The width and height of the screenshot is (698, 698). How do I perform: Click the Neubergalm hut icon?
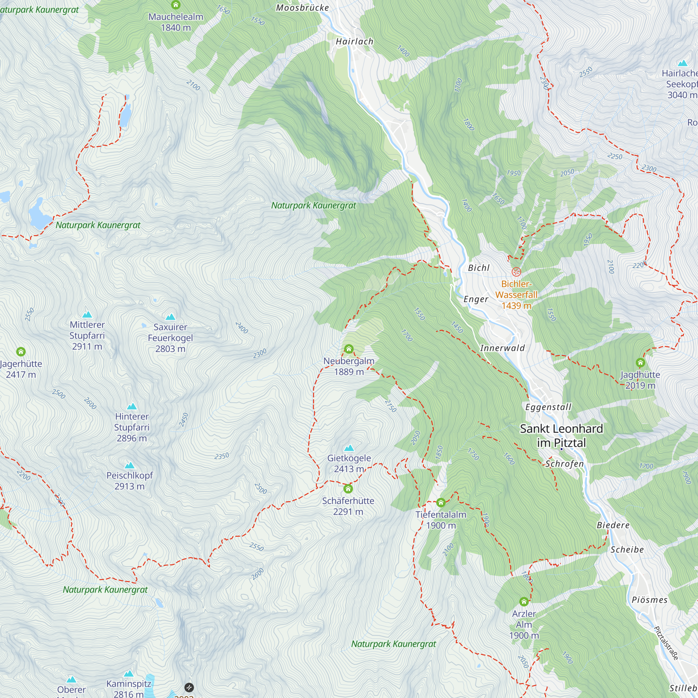349,349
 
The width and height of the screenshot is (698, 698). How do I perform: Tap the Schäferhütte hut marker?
348,489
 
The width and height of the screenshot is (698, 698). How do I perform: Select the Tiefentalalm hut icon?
441,503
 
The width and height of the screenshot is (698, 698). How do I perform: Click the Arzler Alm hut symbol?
524,602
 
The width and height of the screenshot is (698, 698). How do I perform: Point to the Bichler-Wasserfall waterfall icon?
516,272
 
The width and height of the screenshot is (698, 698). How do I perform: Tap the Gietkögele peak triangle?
349,448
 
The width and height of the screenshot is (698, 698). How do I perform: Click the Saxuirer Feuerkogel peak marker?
170,317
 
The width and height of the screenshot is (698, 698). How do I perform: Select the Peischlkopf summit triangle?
129,465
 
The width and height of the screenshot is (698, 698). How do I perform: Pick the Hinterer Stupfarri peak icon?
132,407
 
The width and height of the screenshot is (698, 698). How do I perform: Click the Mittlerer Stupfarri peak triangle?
87,315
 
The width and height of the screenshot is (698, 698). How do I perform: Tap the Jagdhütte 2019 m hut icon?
640,362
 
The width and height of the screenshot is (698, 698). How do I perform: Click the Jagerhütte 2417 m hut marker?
21,351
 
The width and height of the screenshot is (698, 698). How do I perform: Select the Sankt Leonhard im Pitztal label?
562,435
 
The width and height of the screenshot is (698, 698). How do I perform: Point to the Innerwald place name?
502,348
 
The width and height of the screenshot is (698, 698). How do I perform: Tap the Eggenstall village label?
548,407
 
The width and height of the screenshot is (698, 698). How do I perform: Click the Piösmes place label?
649,600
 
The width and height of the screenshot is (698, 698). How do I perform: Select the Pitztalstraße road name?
666,643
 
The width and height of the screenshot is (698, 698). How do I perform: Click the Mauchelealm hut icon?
176,5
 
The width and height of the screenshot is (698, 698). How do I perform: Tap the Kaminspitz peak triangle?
129,674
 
